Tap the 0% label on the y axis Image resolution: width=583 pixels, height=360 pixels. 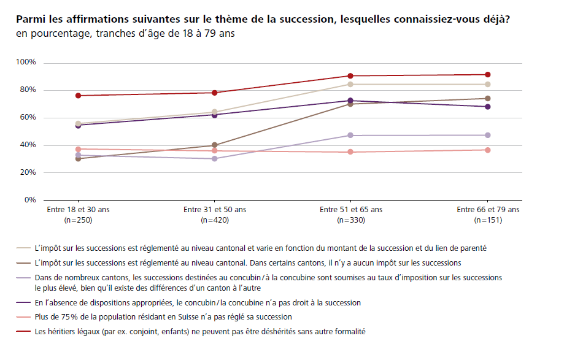(31, 200)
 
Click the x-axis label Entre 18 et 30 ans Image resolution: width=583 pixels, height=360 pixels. (78, 210)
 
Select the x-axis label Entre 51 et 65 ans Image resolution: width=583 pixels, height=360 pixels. (350, 210)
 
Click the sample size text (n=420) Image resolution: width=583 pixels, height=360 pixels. (214, 220)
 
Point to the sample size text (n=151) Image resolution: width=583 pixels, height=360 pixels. (487, 220)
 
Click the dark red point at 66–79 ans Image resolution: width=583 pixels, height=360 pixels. (487, 75)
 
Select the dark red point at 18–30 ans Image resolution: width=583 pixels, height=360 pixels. (78, 96)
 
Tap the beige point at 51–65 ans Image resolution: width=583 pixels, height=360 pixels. (350, 84)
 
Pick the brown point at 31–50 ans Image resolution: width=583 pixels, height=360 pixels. (214, 145)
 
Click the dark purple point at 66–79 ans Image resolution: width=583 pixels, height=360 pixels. (487, 107)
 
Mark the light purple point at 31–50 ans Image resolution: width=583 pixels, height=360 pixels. (214, 159)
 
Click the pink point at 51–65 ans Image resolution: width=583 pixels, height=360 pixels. (350, 152)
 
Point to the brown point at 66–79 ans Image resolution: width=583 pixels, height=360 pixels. (487, 98)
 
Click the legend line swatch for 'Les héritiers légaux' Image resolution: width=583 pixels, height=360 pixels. (24, 332)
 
